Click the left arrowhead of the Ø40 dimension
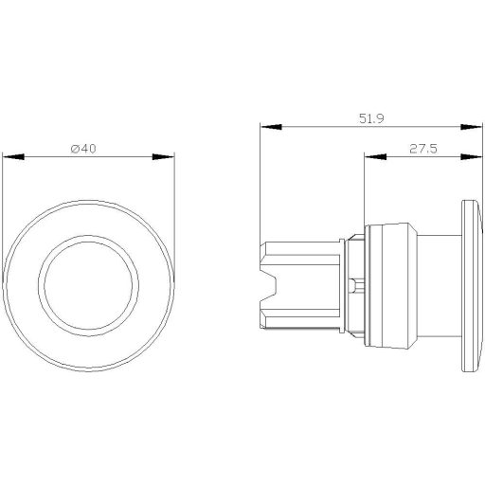coord(9,156)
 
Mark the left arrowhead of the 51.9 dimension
coord(264,127)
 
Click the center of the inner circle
coord(89,284)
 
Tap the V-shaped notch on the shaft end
coord(268,284)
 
